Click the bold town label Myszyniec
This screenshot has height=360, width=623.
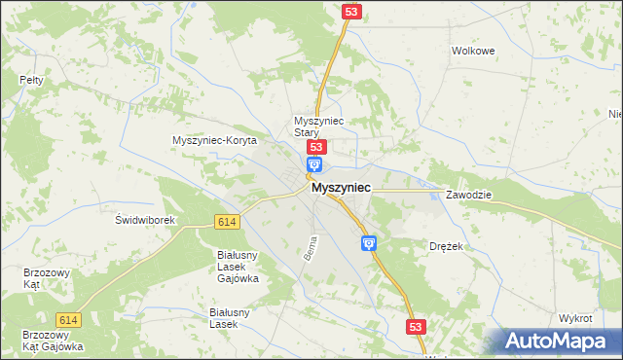340,193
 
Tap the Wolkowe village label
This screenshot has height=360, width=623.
474,51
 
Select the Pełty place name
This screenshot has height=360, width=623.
32,80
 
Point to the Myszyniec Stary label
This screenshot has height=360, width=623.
314,126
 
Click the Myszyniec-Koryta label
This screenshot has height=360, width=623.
213,141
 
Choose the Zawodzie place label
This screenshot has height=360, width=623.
470,195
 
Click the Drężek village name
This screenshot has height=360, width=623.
447,247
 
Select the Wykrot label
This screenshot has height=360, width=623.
576,318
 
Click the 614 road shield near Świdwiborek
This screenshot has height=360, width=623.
227,222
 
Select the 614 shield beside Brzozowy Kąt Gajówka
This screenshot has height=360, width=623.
68,320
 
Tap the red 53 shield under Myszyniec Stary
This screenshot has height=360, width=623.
314,147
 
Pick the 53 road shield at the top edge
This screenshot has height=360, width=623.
351,11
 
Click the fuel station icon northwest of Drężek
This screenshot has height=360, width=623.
368,243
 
